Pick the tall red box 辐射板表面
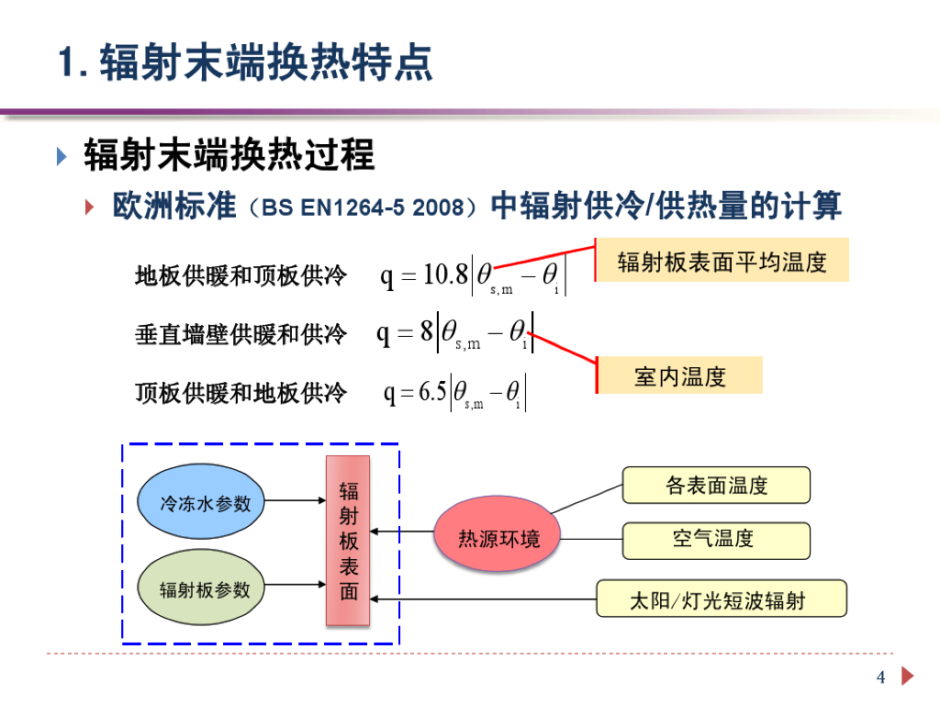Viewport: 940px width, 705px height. pyautogui.click(x=348, y=541)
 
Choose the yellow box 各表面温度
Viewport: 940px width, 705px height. pyautogui.click(x=716, y=485)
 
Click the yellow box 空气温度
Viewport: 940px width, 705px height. pyautogui.click(x=716, y=540)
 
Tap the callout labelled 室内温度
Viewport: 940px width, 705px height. pyautogui.click(x=680, y=375)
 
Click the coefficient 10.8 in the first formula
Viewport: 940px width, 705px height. pyautogui.click(x=445, y=274)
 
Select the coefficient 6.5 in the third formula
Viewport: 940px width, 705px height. pyautogui.click(x=433, y=392)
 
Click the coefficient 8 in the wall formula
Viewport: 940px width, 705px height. pyautogui.click(x=427, y=331)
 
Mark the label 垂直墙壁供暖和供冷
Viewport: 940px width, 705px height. pyautogui.click(x=241, y=334)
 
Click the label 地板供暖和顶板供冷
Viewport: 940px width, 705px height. pyautogui.click(x=241, y=274)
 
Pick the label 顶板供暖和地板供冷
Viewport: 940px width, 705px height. pyautogui.click(x=241, y=393)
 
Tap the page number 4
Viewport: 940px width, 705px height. pyautogui.click(x=881, y=677)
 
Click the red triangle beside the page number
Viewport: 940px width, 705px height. pyautogui.click(x=908, y=677)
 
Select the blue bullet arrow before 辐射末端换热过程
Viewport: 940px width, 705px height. pyautogui.click(x=62, y=156)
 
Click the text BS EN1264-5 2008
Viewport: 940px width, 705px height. pyautogui.click(x=362, y=207)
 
